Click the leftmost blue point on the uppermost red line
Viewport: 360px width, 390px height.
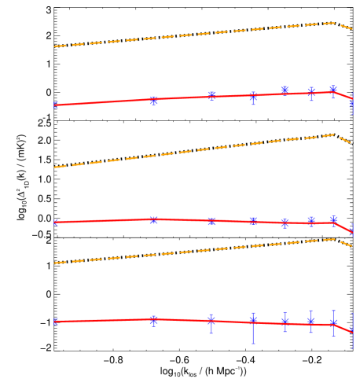[x=55, y=105]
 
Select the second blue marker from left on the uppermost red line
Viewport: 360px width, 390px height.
[x=154, y=101]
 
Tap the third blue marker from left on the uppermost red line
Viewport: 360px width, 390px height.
[x=211, y=95]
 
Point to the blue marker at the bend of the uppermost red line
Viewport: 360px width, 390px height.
[x=333, y=90]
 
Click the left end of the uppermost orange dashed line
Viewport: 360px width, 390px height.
[x=54, y=46]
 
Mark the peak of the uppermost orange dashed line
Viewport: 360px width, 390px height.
[x=334, y=23]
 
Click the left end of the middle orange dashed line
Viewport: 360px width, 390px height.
[x=54, y=167]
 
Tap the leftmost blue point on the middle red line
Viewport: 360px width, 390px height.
[x=55, y=223]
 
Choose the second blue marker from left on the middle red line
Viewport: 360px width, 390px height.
[x=154, y=220]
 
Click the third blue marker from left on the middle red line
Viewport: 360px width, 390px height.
[x=211, y=221]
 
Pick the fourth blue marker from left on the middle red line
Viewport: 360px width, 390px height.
[x=253, y=220]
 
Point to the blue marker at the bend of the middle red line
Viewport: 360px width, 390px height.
[x=333, y=220]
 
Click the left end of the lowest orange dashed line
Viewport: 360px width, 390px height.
[x=54, y=263]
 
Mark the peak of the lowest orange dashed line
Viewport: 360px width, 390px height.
[x=334, y=239]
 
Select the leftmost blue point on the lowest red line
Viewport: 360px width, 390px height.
[x=55, y=321]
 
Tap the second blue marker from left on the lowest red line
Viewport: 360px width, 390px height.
[x=154, y=320]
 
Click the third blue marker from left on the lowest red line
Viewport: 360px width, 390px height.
[x=211, y=321]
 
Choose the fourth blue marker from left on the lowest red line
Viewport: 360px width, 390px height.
[x=253, y=320]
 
